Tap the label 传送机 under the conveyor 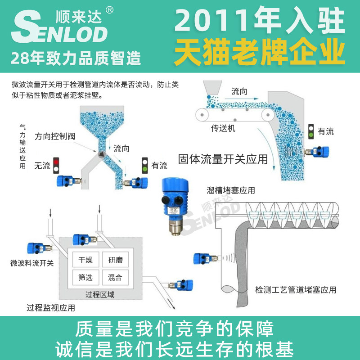pyautogui.click(x=223, y=128)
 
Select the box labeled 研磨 pyautogui.click(x=115, y=260)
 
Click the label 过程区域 pyautogui.click(x=100, y=295)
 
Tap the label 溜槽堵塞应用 pyautogui.click(x=231, y=190)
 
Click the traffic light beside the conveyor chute pyautogui.click(x=310, y=131)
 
